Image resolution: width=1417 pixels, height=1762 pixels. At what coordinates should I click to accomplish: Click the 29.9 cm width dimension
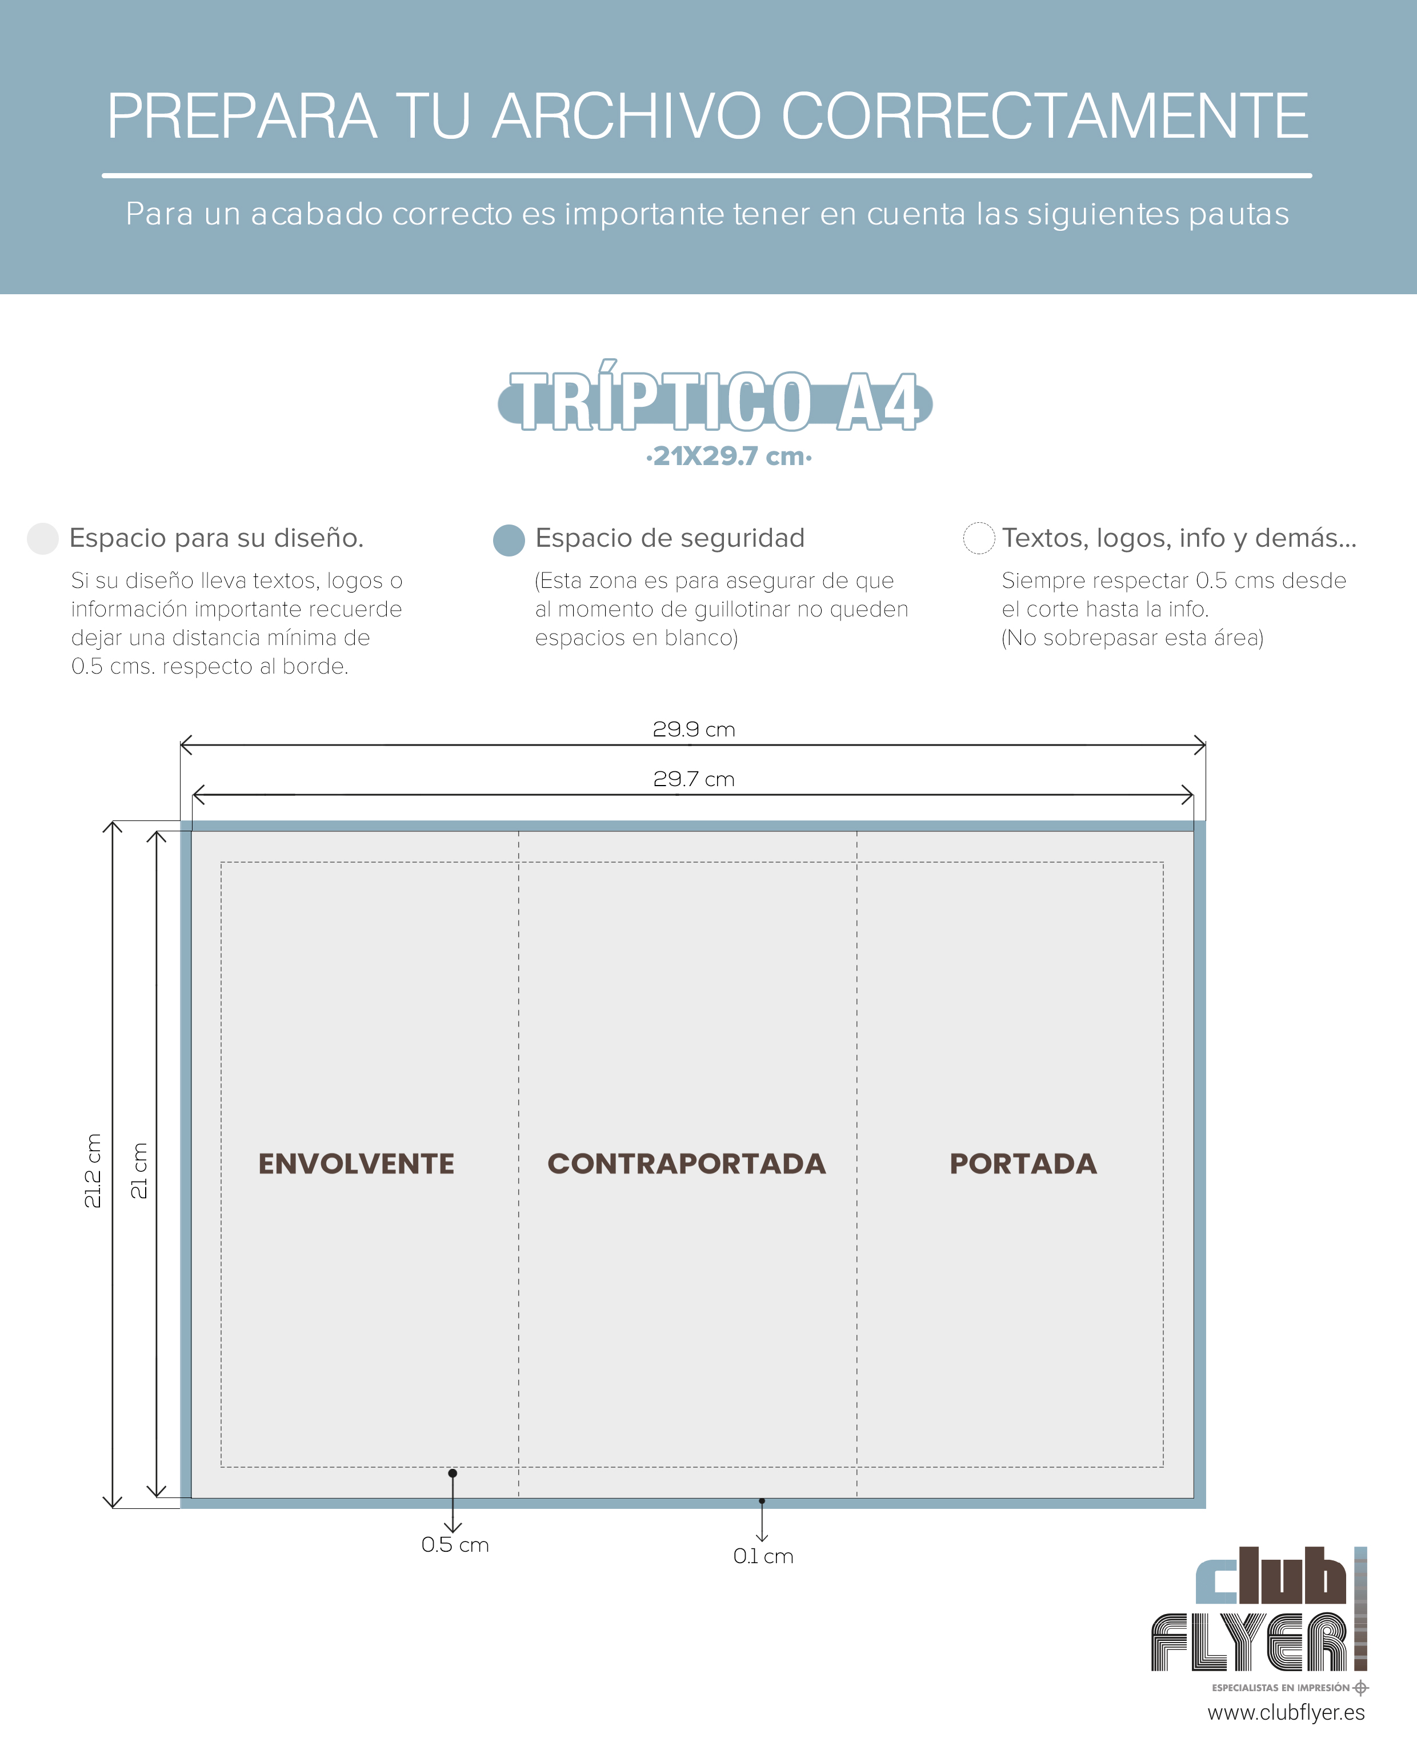pyautogui.click(x=694, y=729)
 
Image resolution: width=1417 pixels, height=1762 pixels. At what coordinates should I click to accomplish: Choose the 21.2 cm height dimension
pyautogui.click(x=93, y=1170)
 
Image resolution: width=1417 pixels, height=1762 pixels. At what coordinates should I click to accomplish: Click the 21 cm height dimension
pyautogui.click(x=139, y=1170)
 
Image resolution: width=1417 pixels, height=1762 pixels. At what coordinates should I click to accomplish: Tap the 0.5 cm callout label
pyautogui.click(x=455, y=1545)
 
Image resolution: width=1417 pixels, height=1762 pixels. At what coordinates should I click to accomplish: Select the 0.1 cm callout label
pyautogui.click(x=763, y=1556)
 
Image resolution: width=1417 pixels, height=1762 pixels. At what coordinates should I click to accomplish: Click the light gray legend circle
pyautogui.click(x=42, y=539)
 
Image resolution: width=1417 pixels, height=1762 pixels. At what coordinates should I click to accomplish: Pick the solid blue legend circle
pyautogui.click(x=509, y=540)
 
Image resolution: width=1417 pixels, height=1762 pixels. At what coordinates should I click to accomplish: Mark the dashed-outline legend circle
pyautogui.click(x=979, y=538)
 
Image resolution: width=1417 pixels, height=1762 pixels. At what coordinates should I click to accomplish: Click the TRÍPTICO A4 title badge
pyautogui.click(x=715, y=398)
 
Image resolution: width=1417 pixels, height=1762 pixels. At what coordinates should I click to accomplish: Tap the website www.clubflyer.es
pyautogui.click(x=1286, y=1713)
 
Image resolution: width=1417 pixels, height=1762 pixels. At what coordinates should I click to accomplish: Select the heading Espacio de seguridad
pyautogui.click(x=670, y=538)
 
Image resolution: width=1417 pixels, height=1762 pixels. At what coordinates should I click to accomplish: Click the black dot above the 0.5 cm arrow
pyautogui.click(x=453, y=1473)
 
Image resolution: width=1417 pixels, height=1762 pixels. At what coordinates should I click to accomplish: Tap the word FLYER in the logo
pyautogui.click(x=1248, y=1642)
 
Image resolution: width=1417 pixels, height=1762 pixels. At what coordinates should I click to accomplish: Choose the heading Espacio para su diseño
pyautogui.click(x=217, y=538)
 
